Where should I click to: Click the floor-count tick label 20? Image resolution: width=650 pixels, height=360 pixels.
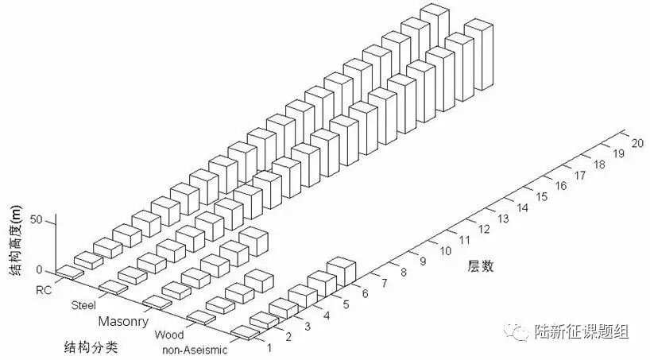click(x=636, y=144)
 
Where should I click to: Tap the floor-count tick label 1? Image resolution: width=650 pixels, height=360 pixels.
click(x=270, y=347)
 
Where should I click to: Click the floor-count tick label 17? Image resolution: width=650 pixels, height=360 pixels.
click(x=581, y=175)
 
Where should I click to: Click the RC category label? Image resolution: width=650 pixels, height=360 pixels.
click(x=44, y=291)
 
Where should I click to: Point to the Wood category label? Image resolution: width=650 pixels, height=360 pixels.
click(x=168, y=335)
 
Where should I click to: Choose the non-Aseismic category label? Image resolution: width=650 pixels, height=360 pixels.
click(x=195, y=350)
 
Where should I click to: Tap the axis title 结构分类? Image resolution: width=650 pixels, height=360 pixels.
click(x=87, y=347)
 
